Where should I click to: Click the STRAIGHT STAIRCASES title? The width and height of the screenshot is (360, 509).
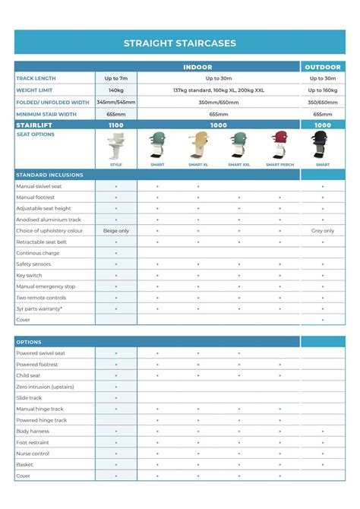coord(180,43)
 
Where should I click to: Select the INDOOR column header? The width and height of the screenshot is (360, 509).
coord(197,67)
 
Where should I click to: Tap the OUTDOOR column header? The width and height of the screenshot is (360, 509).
coord(323,67)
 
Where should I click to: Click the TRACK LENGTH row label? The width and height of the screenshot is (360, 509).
coord(36,78)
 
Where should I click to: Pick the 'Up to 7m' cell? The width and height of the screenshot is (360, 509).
coord(116,78)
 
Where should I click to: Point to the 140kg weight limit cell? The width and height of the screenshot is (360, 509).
coord(116,90)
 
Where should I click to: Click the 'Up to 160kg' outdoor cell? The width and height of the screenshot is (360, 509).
coord(323,90)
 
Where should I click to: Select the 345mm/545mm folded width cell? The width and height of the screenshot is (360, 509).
coord(116,102)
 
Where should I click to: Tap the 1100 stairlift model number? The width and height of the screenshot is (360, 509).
coord(116,125)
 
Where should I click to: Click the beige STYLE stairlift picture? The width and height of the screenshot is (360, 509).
coord(116,147)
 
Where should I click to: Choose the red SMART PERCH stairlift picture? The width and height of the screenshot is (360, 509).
coord(280,147)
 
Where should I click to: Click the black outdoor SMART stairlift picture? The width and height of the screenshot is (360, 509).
coord(323,147)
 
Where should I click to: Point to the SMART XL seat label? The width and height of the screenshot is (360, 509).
coord(198,164)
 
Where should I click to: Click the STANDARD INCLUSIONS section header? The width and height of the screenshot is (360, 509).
coord(50,175)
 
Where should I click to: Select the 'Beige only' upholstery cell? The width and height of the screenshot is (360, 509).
coord(116,230)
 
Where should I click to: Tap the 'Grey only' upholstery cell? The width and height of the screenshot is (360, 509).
coord(323,230)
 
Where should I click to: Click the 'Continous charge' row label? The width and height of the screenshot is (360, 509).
coord(39,253)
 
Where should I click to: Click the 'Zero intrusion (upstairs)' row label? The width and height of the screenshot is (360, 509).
coord(45,387)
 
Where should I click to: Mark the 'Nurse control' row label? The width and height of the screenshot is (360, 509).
coord(33,454)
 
